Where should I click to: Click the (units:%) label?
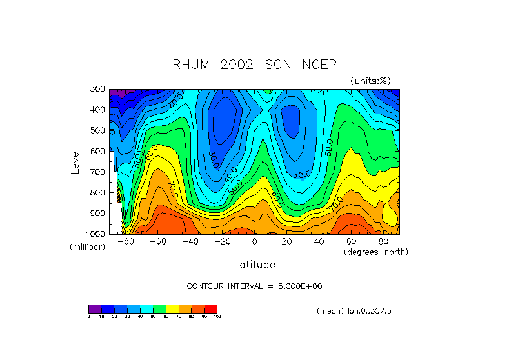[x=371, y=81]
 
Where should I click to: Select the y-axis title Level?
[x=75, y=161]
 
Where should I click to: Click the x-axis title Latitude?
[x=254, y=265]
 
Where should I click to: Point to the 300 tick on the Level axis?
[x=97, y=90]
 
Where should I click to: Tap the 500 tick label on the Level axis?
[x=97, y=131]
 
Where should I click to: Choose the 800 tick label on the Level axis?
[x=97, y=193]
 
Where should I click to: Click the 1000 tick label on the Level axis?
[x=95, y=234]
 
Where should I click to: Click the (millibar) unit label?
[x=87, y=247]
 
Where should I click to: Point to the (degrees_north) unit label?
[x=376, y=252]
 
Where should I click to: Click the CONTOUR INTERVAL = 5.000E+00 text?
[x=254, y=286]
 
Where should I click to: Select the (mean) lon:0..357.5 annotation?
[x=354, y=311]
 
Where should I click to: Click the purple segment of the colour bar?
[x=95, y=308]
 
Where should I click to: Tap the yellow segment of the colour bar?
[x=172, y=308]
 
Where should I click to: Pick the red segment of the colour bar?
[x=211, y=308]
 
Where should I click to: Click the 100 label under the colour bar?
[x=217, y=317]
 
